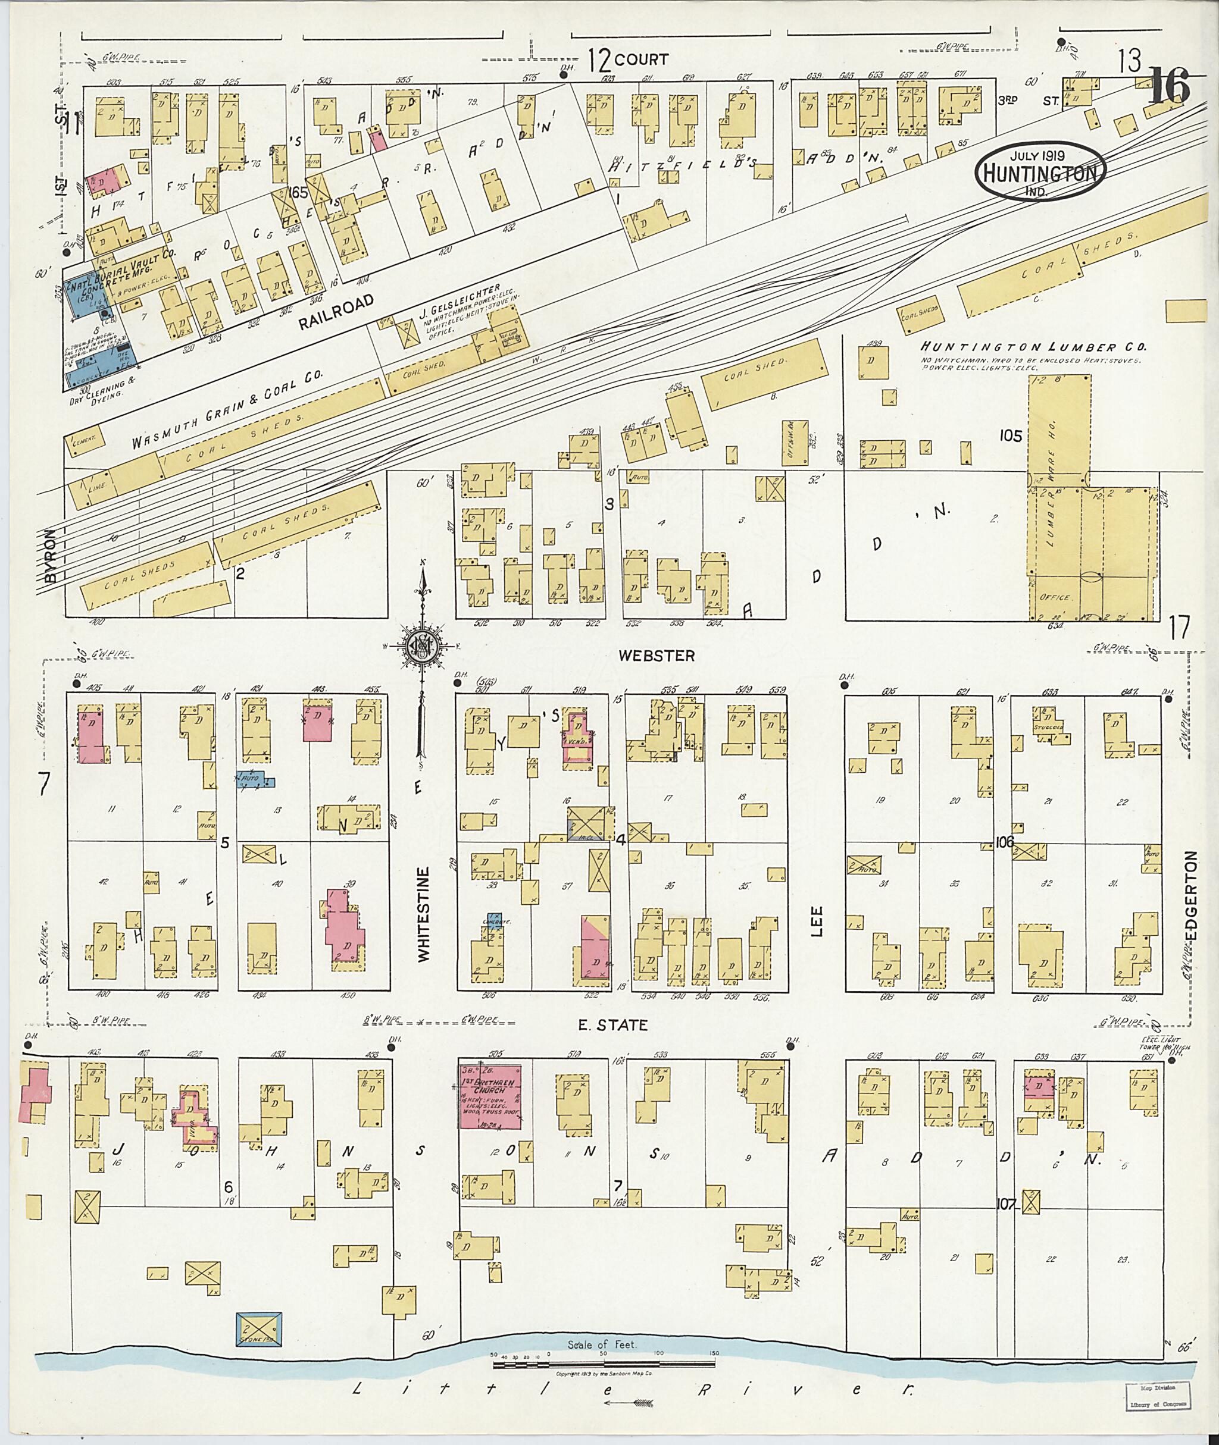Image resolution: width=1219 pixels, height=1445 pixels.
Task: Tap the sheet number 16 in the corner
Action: pyautogui.click(x=1168, y=87)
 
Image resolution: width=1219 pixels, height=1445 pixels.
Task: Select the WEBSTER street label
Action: pyautogui.click(x=656, y=655)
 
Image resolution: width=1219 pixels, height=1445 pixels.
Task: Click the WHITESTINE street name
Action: pyautogui.click(x=423, y=913)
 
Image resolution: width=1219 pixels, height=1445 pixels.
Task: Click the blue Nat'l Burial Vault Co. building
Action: pyautogui.click(x=85, y=296)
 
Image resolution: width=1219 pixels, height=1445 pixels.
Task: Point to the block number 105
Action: pyautogui.click(x=1010, y=436)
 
